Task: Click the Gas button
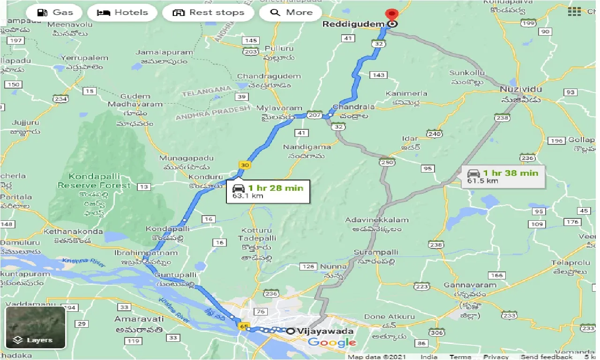point(54,13)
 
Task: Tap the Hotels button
point(122,13)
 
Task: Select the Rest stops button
point(208,13)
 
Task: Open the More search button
point(291,13)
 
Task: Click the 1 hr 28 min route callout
point(268,191)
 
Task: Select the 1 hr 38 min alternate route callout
point(503,176)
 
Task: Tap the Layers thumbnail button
point(36,328)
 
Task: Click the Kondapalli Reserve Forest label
point(94,181)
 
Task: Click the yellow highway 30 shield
point(244,165)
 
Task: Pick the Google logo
point(331,343)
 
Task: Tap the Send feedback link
point(547,357)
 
